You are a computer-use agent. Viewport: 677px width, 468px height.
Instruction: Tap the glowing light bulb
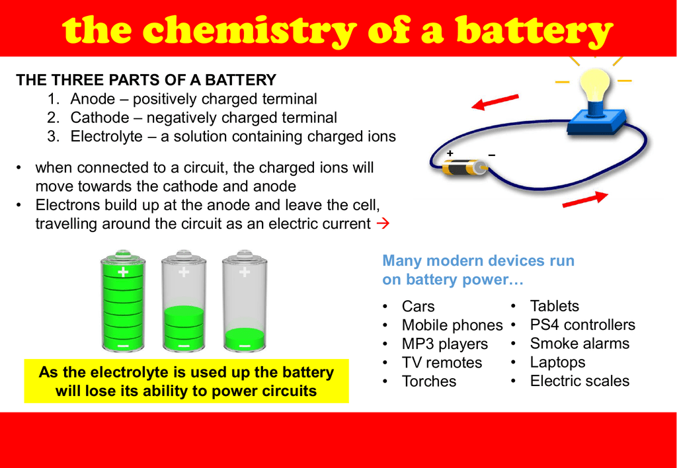point(594,87)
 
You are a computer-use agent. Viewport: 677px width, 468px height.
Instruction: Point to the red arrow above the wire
point(495,102)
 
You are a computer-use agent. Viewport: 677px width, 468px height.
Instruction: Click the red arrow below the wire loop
point(585,200)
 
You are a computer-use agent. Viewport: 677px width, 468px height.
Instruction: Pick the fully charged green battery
point(123,301)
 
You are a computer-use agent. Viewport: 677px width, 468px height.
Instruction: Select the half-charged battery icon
point(184,301)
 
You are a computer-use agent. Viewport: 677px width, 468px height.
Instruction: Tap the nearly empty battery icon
point(245,301)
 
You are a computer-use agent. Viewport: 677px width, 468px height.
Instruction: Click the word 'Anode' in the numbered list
point(93,99)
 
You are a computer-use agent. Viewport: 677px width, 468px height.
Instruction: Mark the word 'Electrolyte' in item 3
point(106,136)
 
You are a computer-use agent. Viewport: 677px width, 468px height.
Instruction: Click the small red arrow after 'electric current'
point(383,223)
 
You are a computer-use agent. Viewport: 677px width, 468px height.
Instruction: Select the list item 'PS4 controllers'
point(582,325)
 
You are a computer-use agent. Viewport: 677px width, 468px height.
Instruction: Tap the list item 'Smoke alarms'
point(580,343)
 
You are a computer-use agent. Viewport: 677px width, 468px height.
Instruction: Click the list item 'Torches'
point(428,381)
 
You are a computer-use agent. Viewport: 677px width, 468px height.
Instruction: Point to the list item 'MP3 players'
point(445,344)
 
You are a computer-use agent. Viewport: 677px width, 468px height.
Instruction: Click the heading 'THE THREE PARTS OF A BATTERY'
point(146,80)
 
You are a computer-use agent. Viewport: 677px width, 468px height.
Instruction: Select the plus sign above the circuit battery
point(450,153)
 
